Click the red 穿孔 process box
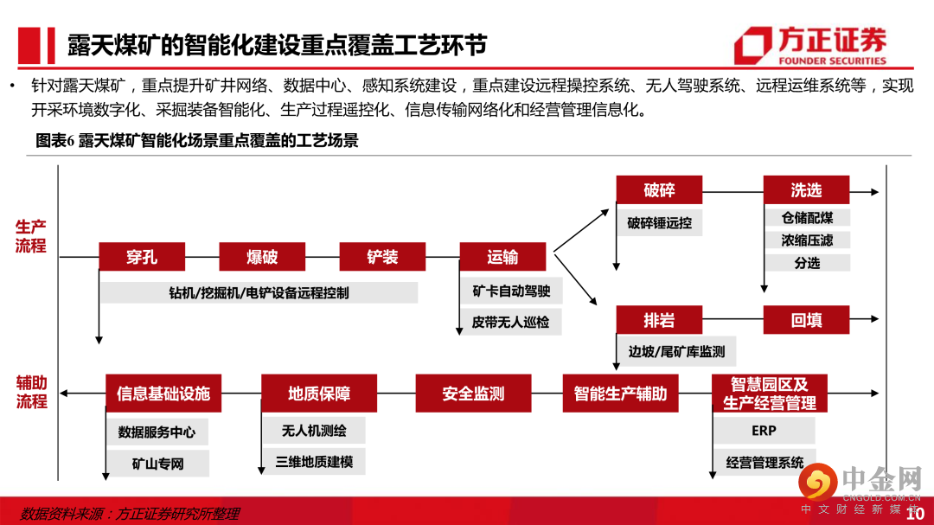(x=142, y=257)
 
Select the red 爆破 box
(x=262, y=257)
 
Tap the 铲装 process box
(x=382, y=257)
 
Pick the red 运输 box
(x=502, y=257)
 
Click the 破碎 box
(x=659, y=190)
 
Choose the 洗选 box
(x=806, y=190)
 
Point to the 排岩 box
(x=659, y=320)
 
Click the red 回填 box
(x=806, y=320)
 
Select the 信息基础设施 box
(x=163, y=394)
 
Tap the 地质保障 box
(x=319, y=394)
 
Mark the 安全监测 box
(x=473, y=394)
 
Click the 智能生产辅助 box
(x=620, y=394)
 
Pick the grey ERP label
(x=764, y=431)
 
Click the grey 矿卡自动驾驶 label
(x=510, y=291)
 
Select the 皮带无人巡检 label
(x=510, y=323)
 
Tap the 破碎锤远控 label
(x=659, y=222)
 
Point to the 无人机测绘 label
(x=314, y=430)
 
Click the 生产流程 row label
(x=30, y=236)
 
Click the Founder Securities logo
(x=810, y=46)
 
